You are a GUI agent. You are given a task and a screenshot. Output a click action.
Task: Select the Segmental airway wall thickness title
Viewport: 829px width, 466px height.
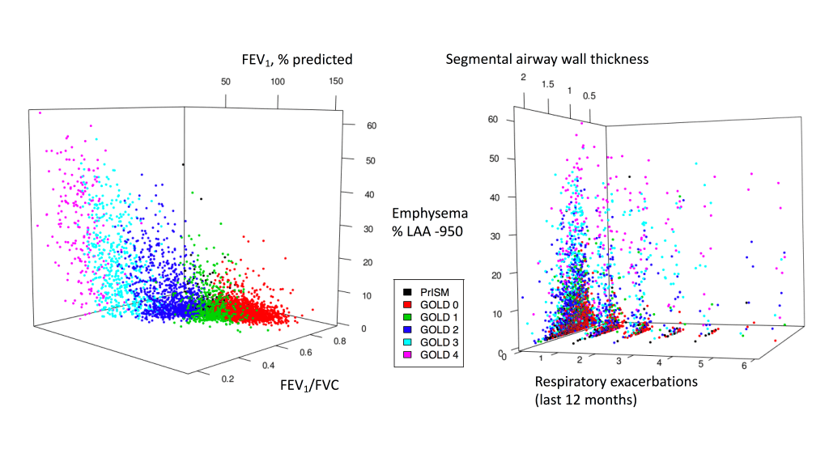[x=547, y=59]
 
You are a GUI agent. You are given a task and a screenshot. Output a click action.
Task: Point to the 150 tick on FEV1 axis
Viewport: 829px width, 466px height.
[x=336, y=82]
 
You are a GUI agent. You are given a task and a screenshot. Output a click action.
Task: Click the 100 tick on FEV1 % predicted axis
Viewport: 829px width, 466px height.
[x=278, y=82]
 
